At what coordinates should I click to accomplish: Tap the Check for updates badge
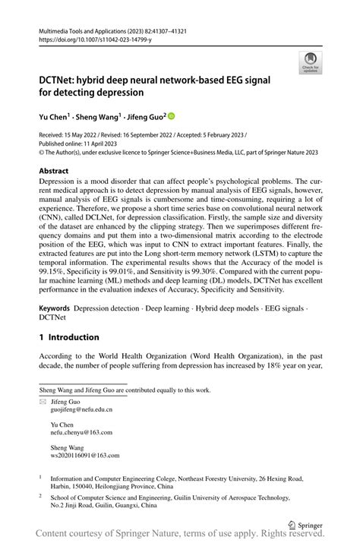(310, 62)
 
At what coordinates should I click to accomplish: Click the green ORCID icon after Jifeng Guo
(171, 116)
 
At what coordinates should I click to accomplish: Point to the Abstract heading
(58, 172)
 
